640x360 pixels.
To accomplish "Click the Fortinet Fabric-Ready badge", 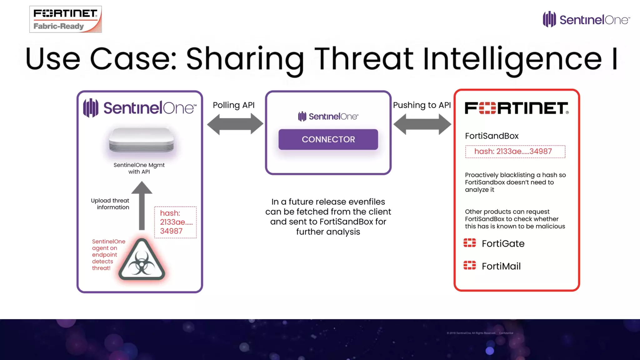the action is pos(66,19).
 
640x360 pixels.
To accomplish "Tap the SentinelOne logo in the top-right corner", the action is pos(586,19).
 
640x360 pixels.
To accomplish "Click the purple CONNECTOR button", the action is pos(328,139).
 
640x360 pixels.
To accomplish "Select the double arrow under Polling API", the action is pos(235,124).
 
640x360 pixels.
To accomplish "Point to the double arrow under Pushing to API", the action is pos(422,124).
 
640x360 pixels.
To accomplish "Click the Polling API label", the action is pos(234,105).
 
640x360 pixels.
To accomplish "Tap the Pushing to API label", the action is pos(422,105).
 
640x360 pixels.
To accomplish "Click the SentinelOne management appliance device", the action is pos(141,140).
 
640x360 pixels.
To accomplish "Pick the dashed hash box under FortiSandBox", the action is pos(515,152).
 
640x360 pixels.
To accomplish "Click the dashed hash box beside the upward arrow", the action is pos(175,222).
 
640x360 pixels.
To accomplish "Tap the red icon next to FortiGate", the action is pos(470,243).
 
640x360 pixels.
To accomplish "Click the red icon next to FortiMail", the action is pos(470,265).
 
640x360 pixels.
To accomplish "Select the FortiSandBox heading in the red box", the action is pos(492,136).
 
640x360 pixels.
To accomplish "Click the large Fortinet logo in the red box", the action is pos(517,108).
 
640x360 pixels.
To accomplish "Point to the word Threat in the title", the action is pos(364,59).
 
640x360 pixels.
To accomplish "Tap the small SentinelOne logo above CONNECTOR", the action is pos(328,117).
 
